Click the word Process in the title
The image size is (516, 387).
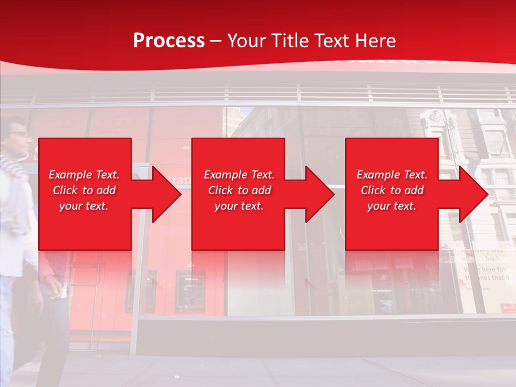[x=169, y=40]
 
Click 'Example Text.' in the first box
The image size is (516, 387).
[x=84, y=175]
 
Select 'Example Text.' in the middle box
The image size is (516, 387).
[x=239, y=175]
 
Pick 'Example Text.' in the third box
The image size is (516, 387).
[x=392, y=175]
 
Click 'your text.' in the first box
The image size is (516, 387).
[x=84, y=206]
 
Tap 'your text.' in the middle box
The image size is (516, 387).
[x=239, y=206]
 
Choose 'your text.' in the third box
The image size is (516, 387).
[x=392, y=206]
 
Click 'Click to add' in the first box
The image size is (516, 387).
[x=84, y=190]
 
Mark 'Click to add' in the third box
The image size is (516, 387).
[x=392, y=190]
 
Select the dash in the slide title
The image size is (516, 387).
[x=216, y=41]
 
